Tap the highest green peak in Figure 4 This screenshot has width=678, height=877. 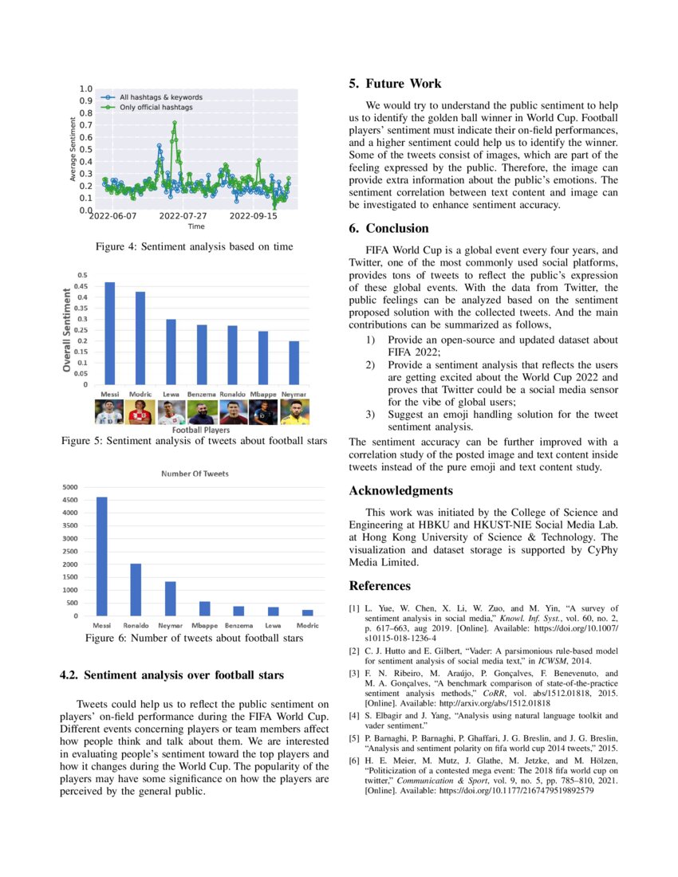[174, 124]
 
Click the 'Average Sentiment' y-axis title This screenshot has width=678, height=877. [73, 149]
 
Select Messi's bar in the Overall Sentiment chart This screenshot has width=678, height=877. [110, 333]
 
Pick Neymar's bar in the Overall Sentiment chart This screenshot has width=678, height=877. [294, 363]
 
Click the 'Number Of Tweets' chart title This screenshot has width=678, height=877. [195, 474]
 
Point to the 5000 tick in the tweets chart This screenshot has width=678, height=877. [70, 487]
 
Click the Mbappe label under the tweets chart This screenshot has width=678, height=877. [204, 626]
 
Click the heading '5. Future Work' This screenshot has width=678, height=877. [395, 84]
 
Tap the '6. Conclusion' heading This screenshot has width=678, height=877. [388, 228]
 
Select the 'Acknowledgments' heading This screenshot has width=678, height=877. [400, 490]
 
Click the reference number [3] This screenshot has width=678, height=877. [353, 674]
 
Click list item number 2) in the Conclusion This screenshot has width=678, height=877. [370, 365]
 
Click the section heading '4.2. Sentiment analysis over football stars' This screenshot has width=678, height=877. [171, 676]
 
